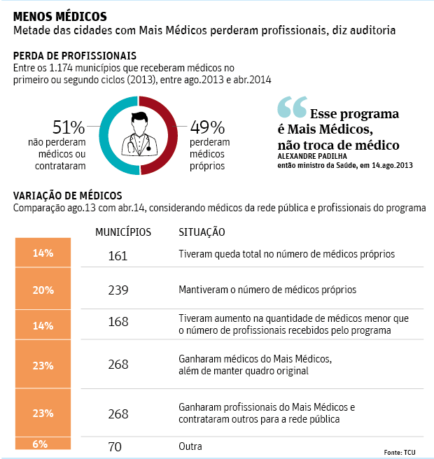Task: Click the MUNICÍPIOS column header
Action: [x=122, y=232]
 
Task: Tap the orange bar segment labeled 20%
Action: [x=43, y=290]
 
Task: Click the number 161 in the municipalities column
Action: [x=118, y=256]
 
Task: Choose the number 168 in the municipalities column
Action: [x=118, y=323]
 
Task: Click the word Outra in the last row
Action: [x=190, y=446]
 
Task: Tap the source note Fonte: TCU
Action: [x=400, y=452]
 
